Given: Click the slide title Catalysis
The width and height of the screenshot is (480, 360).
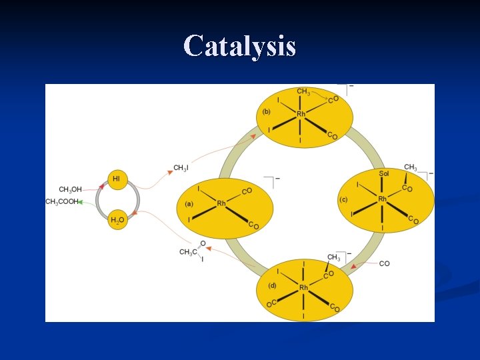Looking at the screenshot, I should pyautogui.click(x=239, y=46).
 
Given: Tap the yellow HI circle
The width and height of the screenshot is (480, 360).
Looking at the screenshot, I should pyautogui.click(x=117, y=179).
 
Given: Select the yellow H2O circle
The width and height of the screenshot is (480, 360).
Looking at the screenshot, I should pyautogui.click(x=117, y=221).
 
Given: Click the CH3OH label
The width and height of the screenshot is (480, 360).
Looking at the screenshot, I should pyautogui.click(x=71, y=190).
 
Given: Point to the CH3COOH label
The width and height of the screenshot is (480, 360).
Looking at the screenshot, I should pyautogui.click(x=61, y=201).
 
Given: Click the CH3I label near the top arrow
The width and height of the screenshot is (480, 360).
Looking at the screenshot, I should pyautogui.click(x=180, y=167).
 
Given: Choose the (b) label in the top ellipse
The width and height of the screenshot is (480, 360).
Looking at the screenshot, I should pyautogui.click(x=267, y=111).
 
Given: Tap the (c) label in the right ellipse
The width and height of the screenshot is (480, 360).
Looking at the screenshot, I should pyautogui.click(x=343, y=199).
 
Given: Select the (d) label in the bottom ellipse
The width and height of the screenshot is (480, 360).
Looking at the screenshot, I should pyautogui.click(x=272, y=285).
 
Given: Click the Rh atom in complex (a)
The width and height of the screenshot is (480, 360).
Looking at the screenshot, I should pyautogui.click(x=221, y=203).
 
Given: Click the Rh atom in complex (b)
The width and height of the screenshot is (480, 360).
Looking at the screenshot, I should pyautogui.click(x=301, y=114).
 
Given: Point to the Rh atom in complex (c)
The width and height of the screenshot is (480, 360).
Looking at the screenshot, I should pyautogui.click(x=383, y=199).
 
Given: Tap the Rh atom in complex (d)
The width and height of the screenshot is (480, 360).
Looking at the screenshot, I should pyautogui.click(x=303, y=287).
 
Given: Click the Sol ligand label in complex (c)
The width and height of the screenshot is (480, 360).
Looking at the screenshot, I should pyautogui.click(x=384, y=173).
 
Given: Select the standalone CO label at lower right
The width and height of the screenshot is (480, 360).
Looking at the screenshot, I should pyautogui.click(x=385, y=264).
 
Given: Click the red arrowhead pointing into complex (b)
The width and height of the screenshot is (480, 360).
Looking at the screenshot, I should pyautogui.click(x=253, y=136).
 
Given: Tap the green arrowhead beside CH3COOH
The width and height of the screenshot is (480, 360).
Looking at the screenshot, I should pyautogui.click(x=81, y=201).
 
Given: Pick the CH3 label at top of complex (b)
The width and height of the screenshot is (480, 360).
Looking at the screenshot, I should pyautogui.click(x=303, y=92).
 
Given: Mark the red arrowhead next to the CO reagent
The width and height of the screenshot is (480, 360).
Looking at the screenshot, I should pyautogui.click(x=354, y=267).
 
